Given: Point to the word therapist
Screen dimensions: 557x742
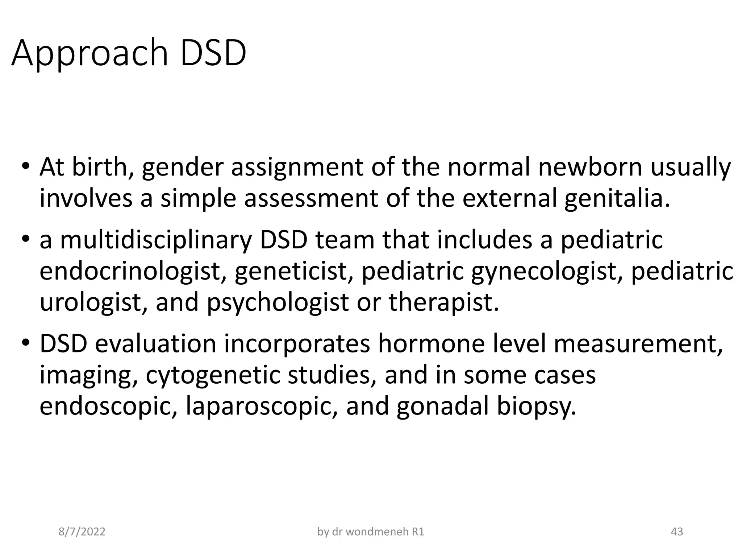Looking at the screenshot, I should (x=443, y=302).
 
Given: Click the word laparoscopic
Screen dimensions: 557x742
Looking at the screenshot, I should (x=263, y=406).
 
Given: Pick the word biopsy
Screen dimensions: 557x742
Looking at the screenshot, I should (x=536, y=406).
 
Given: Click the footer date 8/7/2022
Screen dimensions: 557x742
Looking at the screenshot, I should (x=82, y=532).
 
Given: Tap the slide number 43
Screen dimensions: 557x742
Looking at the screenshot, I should (x=677, y=532).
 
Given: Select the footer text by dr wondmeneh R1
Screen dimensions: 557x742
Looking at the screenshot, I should (x=371, y=532).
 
